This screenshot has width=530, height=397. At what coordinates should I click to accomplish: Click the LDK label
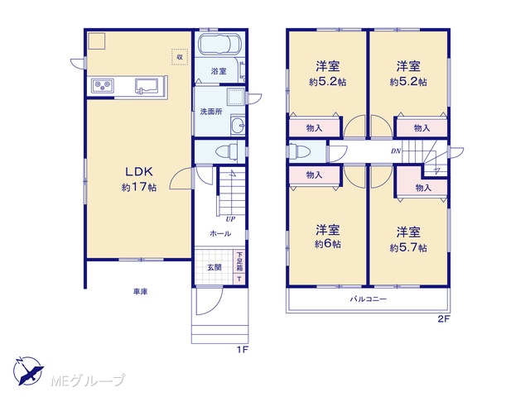point(139,171)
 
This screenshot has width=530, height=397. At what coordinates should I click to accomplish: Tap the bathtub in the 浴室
point(219,44)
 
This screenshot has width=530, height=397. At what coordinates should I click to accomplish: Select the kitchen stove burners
point(103,86)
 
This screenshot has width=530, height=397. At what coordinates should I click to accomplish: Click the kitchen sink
point(147,85)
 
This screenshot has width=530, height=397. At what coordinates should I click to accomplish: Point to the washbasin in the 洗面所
point(238,125)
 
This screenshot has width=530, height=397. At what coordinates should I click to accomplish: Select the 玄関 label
point(214,267)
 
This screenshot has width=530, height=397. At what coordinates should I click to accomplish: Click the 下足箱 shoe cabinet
point(239,262)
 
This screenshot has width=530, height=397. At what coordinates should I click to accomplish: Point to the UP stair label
point(230,219)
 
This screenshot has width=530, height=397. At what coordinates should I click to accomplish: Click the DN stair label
point(396,151)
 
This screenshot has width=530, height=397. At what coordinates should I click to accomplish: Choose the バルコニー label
point(368,299)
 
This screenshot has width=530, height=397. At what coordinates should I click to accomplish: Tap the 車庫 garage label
point(140,291)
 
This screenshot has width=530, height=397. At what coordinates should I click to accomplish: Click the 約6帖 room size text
point(328,244)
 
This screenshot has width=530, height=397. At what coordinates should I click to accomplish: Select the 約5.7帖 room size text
point(408,248)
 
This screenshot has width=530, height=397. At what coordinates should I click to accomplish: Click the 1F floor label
point(243,350)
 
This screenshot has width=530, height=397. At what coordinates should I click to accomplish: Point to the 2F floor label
point(444,319)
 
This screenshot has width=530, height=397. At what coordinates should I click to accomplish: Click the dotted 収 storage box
point(180,57)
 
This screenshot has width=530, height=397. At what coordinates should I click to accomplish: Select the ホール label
point(220,233)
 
